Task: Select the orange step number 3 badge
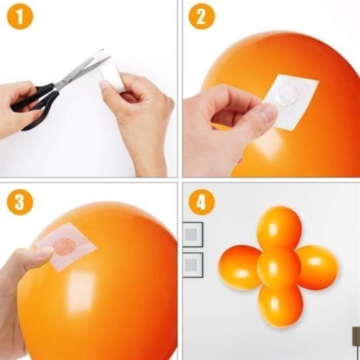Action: coord(20,202)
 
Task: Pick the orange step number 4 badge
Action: coord(201,202)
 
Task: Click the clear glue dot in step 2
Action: coord(287,95)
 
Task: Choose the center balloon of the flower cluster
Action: coord(278,267)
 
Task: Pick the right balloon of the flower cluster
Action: coord(317,266)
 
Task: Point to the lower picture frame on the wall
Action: coord(192,264)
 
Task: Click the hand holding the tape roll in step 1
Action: coord(137,108)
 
